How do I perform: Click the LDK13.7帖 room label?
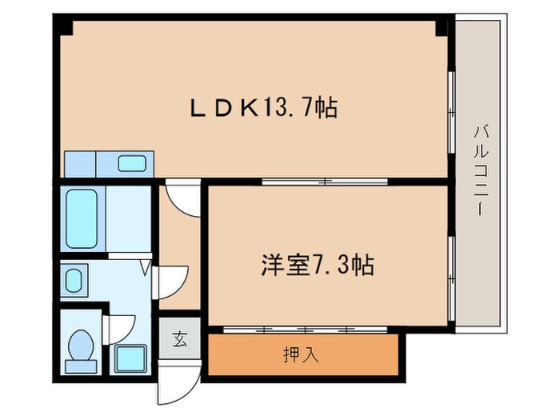tap(262, 107)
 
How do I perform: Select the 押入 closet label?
tap(302, 354)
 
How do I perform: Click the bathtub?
tap(81, 218)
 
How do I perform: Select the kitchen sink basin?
tap(132, 163)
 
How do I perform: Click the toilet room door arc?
tap(118, 328)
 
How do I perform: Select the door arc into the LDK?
tap(182, 199)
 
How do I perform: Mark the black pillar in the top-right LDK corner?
tap(441, 26)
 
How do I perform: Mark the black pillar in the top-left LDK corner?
tap(65, 26)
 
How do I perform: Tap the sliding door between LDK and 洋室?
tap(325, 181)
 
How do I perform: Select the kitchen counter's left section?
tap(79, 163)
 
